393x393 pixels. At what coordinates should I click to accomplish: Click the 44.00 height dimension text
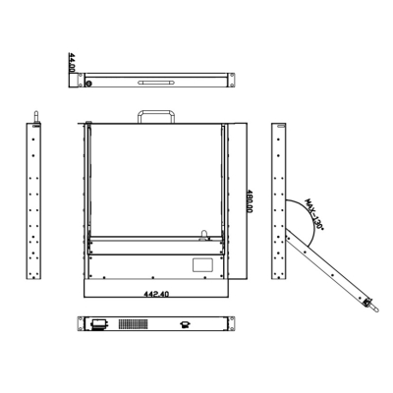tap(72, 66)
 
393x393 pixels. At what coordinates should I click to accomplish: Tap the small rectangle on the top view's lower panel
tap(201, 264)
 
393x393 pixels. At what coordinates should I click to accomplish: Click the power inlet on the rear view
tap(98, 324)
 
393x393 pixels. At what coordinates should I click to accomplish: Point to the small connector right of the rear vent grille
tap(184, 324)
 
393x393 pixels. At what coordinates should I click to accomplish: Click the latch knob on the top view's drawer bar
tap(204, 235)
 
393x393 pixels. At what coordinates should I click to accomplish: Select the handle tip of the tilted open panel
tap(371, 305)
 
